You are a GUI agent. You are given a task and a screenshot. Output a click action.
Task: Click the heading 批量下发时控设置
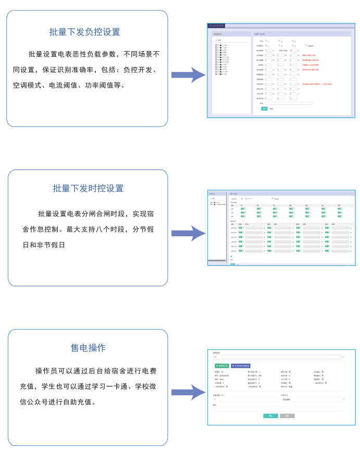click(88, 188)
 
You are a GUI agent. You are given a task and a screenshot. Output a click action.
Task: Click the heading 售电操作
click(88, 347)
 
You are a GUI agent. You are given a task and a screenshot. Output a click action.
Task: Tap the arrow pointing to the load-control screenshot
click(188, 75)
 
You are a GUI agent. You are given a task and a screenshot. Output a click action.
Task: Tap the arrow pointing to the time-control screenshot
click(188, 233)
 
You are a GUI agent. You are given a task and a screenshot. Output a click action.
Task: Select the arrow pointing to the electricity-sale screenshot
click(188, 392)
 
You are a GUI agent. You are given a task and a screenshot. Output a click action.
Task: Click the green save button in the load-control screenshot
click(264, 108)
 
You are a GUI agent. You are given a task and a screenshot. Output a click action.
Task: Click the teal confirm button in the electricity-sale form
click(270, 416)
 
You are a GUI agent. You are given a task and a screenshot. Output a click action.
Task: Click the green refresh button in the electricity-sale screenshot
click(221, 366)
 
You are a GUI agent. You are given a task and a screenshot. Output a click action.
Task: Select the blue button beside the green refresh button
click(241, 366)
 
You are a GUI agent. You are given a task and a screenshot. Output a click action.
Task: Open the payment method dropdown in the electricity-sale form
click(313, 399)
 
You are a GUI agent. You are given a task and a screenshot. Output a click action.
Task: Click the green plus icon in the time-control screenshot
click(232, 256)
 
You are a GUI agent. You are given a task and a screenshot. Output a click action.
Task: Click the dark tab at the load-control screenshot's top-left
click(216, 25)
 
